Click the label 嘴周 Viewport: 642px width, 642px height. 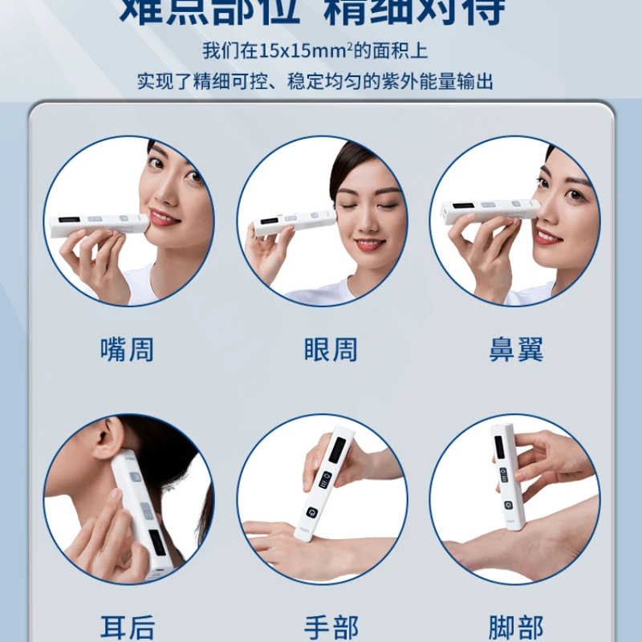(x=127, y=350)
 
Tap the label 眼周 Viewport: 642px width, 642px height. (x=330, y=350)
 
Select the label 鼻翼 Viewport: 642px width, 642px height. (x=516, y=350)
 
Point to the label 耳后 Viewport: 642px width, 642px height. (x=127, y=627)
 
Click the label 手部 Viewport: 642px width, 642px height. (x=330, y=627)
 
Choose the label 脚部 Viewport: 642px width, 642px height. (x=516, y=627)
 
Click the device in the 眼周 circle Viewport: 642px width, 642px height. (x=294, y=223)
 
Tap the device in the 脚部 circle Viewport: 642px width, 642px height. (x=508, y=477)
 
